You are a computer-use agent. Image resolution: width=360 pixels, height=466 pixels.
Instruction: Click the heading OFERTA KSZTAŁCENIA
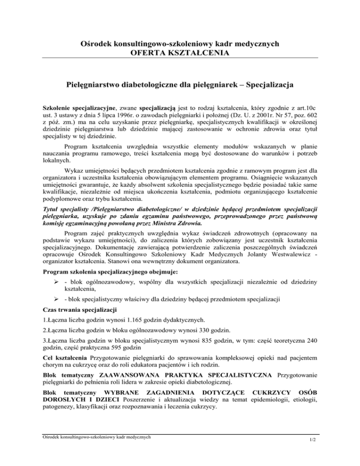click(x=180, y=53)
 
